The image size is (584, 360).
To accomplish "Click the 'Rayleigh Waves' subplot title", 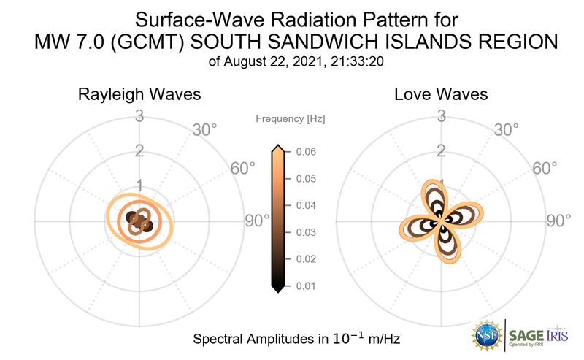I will tap(139, 95).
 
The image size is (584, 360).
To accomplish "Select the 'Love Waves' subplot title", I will tap(441, 95).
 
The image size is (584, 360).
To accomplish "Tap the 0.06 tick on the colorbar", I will tap(306, 152).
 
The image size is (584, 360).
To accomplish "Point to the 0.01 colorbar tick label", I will tap(306, 286).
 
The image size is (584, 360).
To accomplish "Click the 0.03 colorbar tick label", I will tap(306, 232).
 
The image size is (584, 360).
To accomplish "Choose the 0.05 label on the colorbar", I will tap(306, 179).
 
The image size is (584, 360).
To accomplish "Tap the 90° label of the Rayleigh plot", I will tap(257, 221).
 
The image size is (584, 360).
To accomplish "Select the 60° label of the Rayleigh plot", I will tap(243, 168).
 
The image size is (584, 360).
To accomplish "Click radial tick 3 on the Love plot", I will tap(440, 115).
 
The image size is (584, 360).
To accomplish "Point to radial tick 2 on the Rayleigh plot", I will tap(139, 151).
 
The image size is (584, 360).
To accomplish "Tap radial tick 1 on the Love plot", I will tap(440, 185).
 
